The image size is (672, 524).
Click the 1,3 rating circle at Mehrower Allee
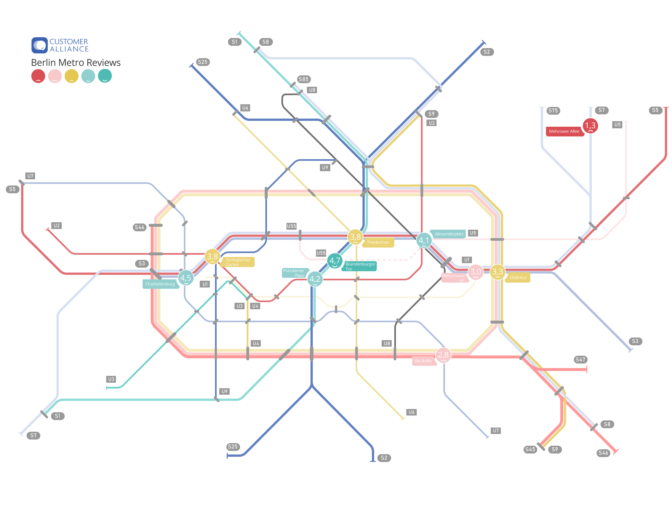pyautogui.click(x=590, y=126)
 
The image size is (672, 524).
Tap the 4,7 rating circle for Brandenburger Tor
pyautogui.click(x=335, y=261)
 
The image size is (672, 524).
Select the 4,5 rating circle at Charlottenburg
pyautogui.click(x=186, y=278)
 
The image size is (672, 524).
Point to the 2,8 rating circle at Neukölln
pyautogui.click(x=443, y=355)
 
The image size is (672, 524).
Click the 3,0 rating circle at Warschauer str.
pyautogui.click(x=475, y=272)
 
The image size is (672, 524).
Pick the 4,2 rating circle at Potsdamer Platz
pyautogui.click(x=315, y=279)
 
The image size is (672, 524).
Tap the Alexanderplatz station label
pyautogui.click(x=449, y=234)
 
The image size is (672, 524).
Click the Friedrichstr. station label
pyautogui.click(x=378, y=242)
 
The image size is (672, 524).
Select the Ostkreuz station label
pyautogui.click(x=518, y=277)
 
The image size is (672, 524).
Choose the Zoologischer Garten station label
pyautogui.click(x=238, y=262)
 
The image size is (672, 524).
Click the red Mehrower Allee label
pyautogui.click(x=564, y=131)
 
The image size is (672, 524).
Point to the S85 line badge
pyautogui.click(x=304, y=79)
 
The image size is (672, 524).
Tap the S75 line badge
pyautogui.click(x=553, y=110)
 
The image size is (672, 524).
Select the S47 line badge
pyautogui.click(x=580, y=360)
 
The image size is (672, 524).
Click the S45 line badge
pyautogui.click(x=530, y=449)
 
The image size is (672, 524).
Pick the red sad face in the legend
pyautogui.click(x=38, y=76)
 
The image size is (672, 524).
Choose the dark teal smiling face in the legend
pyautogui.click(x=105, y=76)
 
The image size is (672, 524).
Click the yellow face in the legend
pyautogui.click(x=71, y=76)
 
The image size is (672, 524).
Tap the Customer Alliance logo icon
pyautogui.click(x=40, y=45)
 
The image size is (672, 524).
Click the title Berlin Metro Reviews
pyautogui.click(x=76, y=62)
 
